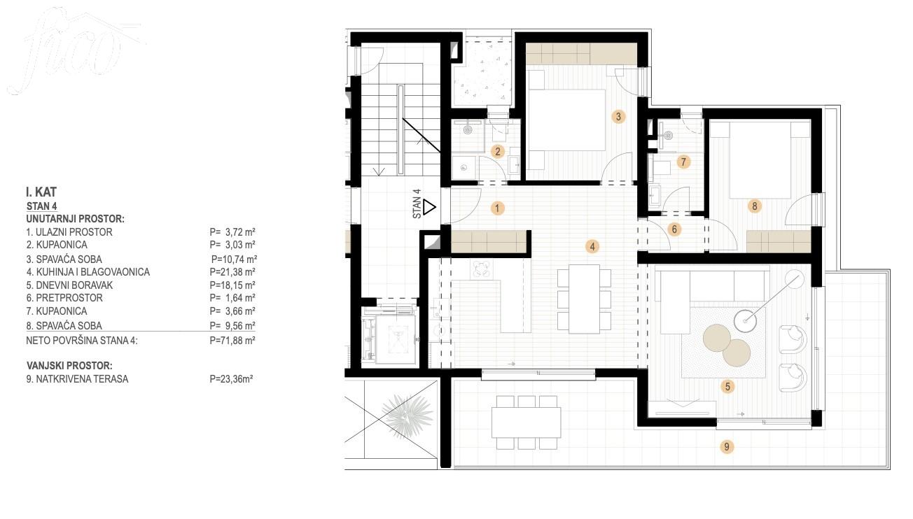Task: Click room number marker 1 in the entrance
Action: (497, 208)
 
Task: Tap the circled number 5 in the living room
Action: (727, 386)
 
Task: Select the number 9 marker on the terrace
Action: (727, 447)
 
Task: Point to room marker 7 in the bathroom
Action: (683, 162)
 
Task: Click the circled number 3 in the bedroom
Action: (618, 117)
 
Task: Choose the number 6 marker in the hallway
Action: (674, 229)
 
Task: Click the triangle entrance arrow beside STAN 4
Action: (429, 207)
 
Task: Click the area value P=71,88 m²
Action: (232, 341)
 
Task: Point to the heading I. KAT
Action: (41, 192)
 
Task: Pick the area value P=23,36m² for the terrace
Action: (231, 379)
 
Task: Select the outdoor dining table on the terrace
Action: (527, 422)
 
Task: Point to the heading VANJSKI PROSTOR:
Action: (69, 366)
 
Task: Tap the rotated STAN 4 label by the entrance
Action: (417, 204)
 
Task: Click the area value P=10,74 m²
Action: (234, 259)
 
